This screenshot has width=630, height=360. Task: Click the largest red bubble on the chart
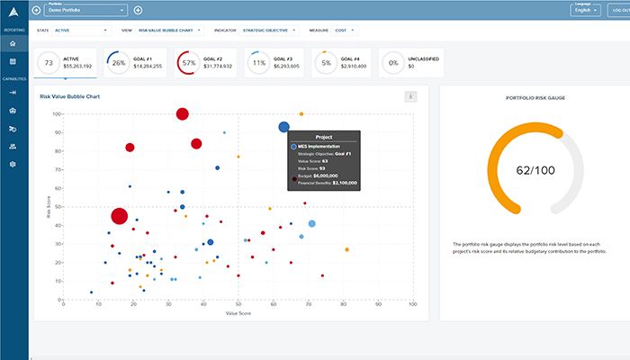(x=120, y=216)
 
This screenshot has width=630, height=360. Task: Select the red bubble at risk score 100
(x=183, y=114)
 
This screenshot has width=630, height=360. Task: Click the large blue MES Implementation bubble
(x=284, y=128)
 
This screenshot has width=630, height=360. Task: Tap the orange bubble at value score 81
(x=346, y=250)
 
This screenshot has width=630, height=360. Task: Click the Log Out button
(x=618, y=11)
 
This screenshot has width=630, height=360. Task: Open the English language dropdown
(x=587, y=11)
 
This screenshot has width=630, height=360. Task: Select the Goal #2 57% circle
(x=188, y=63)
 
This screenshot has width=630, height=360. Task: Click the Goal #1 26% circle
(x=118, y=63)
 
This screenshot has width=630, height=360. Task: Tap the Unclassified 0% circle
(x=391, y=63)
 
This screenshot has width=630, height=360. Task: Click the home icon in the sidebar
(x=13, y=43)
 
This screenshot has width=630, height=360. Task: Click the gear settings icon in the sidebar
(x=13, y=165)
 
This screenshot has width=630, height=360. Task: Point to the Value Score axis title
(x=238, y=313)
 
